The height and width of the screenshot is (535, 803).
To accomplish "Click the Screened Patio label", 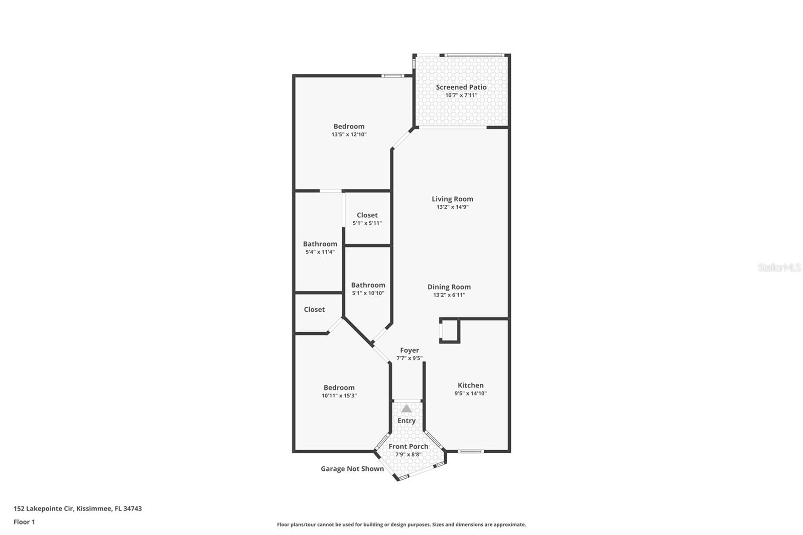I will click(x=461, y=87).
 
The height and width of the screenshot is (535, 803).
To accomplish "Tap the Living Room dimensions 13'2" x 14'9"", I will click(x=452, y=207).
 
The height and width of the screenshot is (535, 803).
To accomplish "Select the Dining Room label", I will click(x=449, y=287).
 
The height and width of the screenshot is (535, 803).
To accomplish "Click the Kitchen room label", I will click(x=470, y=385).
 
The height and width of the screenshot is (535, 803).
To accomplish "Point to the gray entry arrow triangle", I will click(x=407, y=409).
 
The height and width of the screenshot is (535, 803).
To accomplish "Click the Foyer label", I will click(x=410, y=350).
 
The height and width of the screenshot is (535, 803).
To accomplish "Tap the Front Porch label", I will click(x=409, y=446).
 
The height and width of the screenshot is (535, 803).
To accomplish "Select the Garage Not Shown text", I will click(x=352, y=469).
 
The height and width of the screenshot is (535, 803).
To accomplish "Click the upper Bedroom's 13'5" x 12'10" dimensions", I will click(x=349, y=135).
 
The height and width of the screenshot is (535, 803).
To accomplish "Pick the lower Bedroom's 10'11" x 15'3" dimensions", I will click(x=339, y=395).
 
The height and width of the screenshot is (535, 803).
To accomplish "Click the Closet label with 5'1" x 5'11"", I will click(x=367, y=215).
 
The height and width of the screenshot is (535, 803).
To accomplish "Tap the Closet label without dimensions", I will click(x=314, y=310).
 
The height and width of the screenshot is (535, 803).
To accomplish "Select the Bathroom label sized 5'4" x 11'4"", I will click(x=320, y=244).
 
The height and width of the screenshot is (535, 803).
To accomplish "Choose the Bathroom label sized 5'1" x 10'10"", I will click(x=368, y=285).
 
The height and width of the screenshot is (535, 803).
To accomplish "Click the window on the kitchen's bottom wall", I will click(x=471, y=451).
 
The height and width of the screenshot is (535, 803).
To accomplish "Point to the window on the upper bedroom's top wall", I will click(x=392, y=76).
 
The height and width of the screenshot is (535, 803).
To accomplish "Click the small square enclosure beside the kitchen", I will click(x=450, y=331).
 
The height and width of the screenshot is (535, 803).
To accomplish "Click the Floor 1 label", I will click(x=24, y=522).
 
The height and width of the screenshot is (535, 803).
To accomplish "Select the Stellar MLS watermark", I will click(x=779, y=267).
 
